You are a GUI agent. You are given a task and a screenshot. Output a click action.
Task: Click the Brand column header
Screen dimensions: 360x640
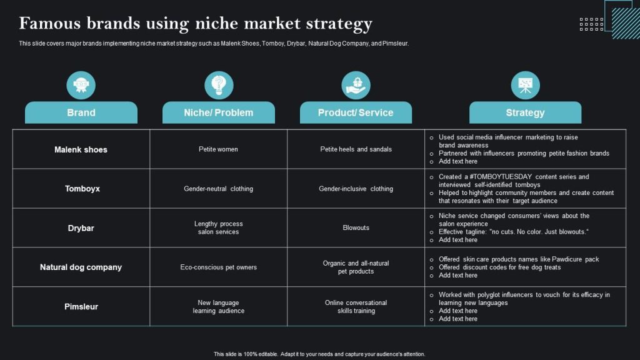[81, 112]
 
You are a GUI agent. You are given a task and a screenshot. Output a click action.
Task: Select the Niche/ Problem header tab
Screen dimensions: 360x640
[218, 112]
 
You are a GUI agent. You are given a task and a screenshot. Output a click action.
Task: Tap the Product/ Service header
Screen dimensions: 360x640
[356, 112]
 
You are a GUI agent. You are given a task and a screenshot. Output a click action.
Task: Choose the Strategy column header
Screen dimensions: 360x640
[525, 112]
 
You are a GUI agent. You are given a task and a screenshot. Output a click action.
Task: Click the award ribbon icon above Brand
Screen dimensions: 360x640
[81, 85]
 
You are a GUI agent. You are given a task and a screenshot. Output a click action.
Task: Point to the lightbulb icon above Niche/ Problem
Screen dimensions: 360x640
[219, 85]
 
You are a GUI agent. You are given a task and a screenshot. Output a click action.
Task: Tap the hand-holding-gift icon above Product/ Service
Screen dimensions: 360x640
[356, 85]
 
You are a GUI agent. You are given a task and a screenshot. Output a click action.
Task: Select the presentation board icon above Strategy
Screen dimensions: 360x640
[525, 85]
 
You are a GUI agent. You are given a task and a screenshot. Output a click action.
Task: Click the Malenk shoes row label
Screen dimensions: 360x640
[81, 149]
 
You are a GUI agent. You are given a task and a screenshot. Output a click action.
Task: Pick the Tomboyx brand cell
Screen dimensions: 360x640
[82, 188]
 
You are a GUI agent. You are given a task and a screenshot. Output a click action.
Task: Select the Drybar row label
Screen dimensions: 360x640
[81, 228]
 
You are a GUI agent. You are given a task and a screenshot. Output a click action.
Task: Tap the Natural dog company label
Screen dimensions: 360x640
[81, 267]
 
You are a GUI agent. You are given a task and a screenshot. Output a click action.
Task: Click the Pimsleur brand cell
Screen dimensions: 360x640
[81, 306]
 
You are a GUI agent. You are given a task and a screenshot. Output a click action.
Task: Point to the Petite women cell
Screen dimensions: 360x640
[218, 149]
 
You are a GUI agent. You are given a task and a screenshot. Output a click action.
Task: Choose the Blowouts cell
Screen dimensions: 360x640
[356, 228]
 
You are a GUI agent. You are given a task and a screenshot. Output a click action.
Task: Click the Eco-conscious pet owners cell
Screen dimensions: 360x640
[218, 267]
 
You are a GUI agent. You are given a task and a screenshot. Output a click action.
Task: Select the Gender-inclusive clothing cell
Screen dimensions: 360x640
[356, 189]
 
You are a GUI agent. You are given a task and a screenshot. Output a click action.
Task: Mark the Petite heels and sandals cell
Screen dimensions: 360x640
[356, 149]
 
